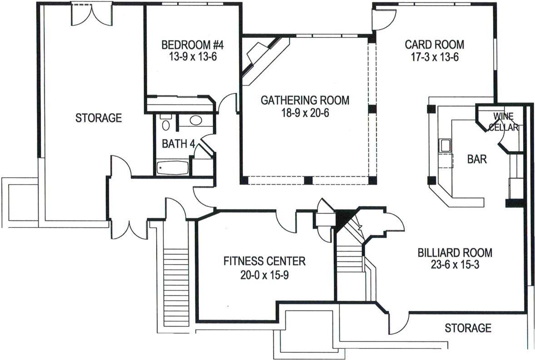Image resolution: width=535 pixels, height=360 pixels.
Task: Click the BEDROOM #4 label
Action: [x=193, y=45]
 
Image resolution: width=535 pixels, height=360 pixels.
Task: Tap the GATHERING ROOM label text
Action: [x=305, y=100]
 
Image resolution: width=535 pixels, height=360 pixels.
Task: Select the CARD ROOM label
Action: [x=434, y=45]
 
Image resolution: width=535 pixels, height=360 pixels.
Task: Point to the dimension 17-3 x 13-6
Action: [x=434, y=57]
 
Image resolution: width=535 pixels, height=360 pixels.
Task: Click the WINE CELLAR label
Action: [x=503, y=121]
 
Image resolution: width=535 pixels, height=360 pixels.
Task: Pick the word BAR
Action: [x=477, y=159]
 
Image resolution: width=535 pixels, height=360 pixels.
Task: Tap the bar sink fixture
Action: [x=445, y=145]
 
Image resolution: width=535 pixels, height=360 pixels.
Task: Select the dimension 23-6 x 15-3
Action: [x=455, y=265]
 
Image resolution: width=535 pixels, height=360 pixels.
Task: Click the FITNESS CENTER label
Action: [x=264, y=261]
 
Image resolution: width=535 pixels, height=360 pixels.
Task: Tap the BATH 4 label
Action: [x=178, y=145]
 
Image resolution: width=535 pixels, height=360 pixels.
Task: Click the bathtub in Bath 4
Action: [x=172, y=168]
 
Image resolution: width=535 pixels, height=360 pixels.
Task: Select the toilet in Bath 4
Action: [x=165, y=125]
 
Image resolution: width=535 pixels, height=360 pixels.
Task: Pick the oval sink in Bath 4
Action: [x=196, y=120]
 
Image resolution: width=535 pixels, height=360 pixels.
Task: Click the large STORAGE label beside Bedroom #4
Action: [x=99, y=118]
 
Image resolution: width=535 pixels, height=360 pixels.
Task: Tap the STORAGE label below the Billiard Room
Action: [x=468, y=328]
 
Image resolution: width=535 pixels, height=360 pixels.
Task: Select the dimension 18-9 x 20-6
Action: [x=305, y=113]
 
